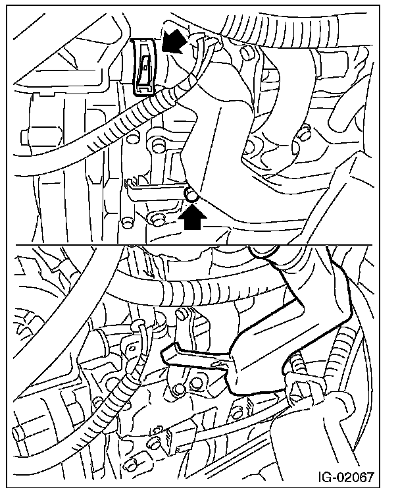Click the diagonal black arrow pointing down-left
tap(174, 41)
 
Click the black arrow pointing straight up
tap(192, 218)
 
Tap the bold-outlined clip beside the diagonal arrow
tap(143, 67)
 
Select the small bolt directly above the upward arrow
tap(191, 194)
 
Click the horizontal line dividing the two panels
tap(194, 245)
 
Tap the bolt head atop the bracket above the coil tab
tap(182, 314)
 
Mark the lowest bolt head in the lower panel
tap(130, 466)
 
